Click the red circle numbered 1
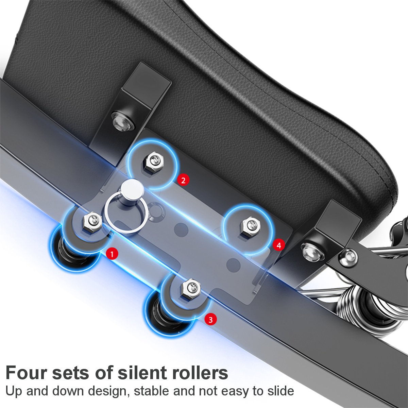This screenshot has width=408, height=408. (x=112, y=253)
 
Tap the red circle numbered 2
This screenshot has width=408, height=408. (x=183, y=180)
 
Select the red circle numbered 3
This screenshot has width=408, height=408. (x=211, y=319)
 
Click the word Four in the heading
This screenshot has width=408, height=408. (x=26, y=373)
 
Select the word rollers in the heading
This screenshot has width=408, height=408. (x=199, y=373)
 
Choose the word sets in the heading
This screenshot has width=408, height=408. (x=71, y=373)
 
